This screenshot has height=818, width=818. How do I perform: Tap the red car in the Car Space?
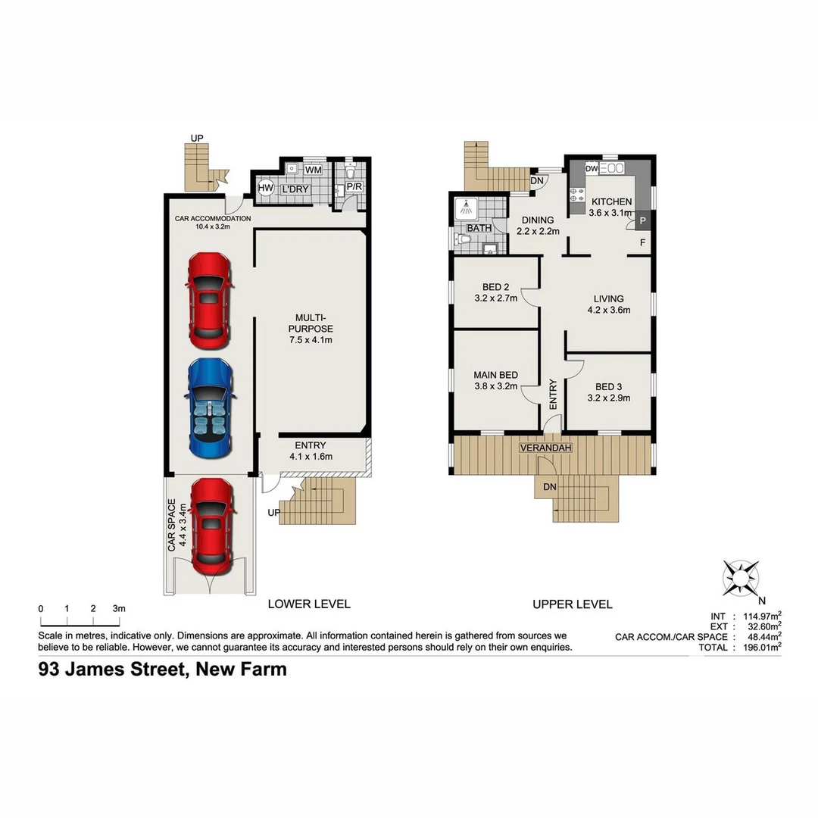[x=211, y=526]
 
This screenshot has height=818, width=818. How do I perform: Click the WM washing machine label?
[x=312, y=170]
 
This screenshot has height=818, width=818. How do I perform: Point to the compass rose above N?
[x=741, y=576]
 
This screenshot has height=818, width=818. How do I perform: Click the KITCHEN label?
[x=611, y=201]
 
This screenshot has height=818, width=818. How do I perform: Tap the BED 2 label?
[x=495, y=286]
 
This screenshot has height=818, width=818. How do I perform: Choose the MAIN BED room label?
[x=495, y=375]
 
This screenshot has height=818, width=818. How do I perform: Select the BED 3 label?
[x=608, y=386]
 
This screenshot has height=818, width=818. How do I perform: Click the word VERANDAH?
[x=545, y=448]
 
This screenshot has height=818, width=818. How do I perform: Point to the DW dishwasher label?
[x=592, y=168]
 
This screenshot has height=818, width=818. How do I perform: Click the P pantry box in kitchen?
[x=642, y=221]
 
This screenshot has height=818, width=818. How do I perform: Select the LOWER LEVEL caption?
[x=309, y=604]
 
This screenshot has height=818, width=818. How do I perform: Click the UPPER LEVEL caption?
[x=572, y=604]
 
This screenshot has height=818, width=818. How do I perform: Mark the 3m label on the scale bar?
[x=119, y=608]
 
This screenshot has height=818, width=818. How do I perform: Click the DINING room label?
[x=537, y=220]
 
